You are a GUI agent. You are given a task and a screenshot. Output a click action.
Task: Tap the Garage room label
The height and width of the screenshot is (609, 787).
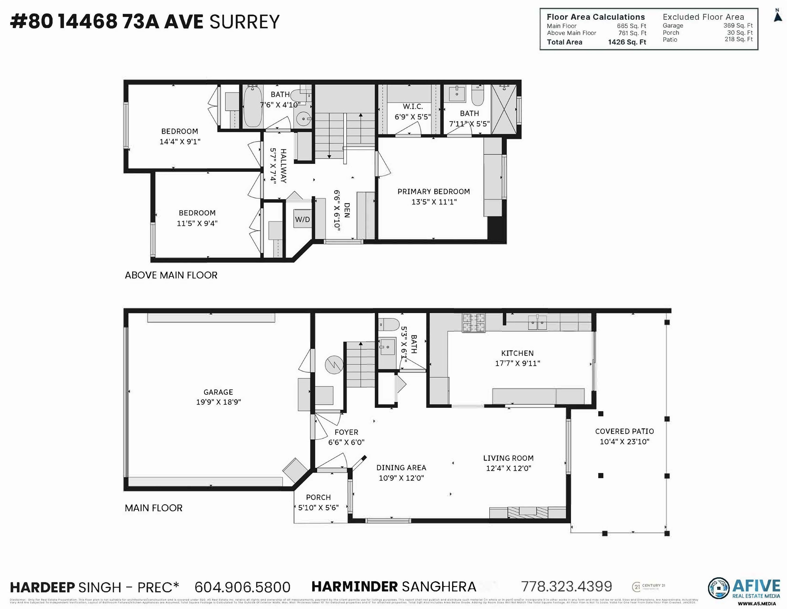click(218, 392)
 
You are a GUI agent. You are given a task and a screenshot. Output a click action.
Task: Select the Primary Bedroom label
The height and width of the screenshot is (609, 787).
click(434, 192)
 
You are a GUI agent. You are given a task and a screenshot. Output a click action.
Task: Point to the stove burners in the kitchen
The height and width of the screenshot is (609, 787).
click(473, 322)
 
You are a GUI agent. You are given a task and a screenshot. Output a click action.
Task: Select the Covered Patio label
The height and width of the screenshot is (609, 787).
click(624, 431)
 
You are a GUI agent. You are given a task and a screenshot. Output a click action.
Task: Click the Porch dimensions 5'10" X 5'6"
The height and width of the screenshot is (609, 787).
click(318, 508)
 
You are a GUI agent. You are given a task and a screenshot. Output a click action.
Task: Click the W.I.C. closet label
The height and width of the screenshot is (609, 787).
click(413, 107)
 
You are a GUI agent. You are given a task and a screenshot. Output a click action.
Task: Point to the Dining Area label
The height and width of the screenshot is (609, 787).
click(401, 468)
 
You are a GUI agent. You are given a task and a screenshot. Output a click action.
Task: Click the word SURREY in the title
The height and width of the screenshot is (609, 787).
click(244, 22)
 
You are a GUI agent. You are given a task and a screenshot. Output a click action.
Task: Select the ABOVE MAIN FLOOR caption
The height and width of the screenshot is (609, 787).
click(171, 275)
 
